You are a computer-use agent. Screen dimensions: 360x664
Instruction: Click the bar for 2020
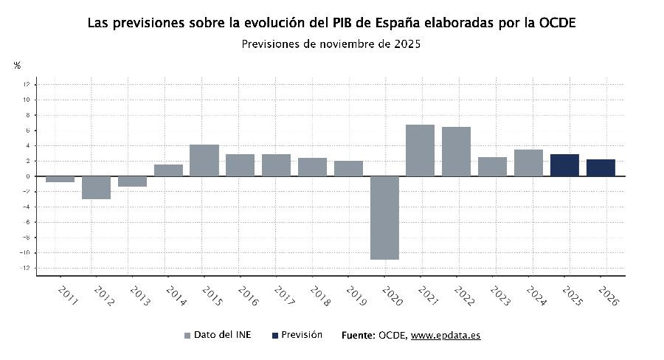384,218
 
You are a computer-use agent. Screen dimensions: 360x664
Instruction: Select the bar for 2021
421,150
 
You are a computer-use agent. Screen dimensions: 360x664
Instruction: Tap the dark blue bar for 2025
564,165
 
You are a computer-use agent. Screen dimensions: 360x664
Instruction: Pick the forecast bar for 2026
601,168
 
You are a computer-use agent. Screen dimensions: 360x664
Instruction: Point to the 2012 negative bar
96,187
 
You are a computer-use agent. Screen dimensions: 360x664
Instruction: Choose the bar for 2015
204,160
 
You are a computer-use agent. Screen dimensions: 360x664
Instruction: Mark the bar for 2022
457,151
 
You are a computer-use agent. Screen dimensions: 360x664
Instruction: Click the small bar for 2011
60,179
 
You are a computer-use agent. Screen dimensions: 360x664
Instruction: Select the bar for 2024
528,163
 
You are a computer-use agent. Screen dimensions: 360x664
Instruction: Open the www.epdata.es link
446,336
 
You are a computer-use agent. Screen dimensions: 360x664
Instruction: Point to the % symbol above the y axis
17,66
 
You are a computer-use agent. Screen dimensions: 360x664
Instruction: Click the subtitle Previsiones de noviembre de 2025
331,44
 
